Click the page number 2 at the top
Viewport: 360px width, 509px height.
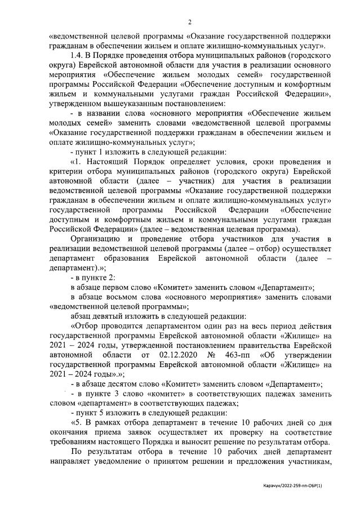pyautogui.click(x=189, y=22)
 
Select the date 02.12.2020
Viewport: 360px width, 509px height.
pyautogui.click(x=179, y=355)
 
